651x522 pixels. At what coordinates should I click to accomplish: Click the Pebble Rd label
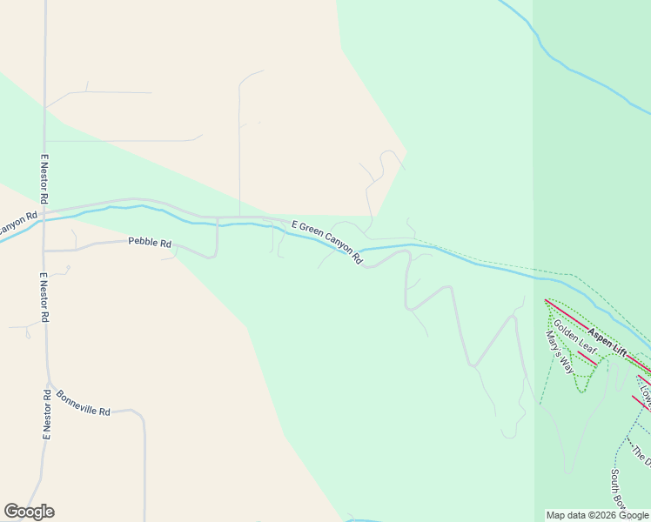150,243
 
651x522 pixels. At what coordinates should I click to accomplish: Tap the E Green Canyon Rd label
326,243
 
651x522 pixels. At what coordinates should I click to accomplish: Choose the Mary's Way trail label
559,352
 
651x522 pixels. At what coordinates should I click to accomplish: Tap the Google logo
29,512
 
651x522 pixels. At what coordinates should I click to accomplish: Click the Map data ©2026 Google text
597,515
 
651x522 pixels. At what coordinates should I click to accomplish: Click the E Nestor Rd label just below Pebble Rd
44,298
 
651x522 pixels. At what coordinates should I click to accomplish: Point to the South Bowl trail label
617,488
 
